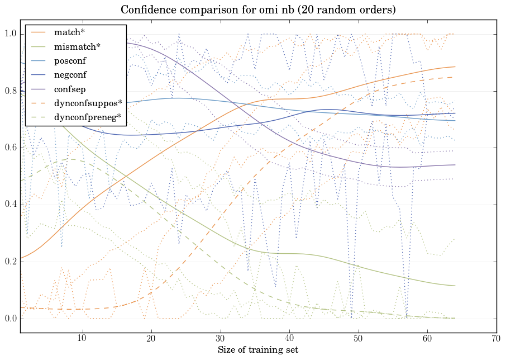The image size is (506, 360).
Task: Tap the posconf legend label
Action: coord(70,60)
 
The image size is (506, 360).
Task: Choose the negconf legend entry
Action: coord(70,74)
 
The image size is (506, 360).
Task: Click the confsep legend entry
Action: coord(69,88)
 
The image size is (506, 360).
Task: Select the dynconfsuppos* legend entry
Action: coord(88,103)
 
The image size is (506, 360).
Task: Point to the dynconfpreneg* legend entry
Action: coord(88,117)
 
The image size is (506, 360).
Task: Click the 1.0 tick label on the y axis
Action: coord(11,35)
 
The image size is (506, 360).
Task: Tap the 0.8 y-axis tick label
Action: coord(11,92)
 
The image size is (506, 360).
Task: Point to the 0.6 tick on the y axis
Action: coord(11,148)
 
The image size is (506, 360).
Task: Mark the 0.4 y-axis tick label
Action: coord(11,205)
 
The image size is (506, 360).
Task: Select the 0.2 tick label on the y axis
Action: coord(11,262)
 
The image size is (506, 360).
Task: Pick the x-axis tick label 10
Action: coord(82,339)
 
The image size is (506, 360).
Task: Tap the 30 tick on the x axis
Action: coord(220,339)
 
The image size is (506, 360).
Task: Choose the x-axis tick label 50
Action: coord(358,339)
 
